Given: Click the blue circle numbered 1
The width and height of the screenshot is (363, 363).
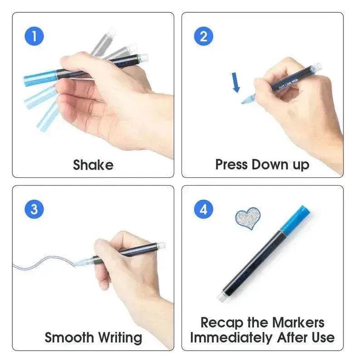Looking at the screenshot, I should [x=34, y=36].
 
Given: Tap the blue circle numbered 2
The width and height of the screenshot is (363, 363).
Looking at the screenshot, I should [x=204, y=36].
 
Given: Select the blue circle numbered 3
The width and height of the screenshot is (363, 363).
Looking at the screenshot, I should [x=34, y=209].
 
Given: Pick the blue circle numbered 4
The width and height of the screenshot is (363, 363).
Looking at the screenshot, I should [x=204, y=209].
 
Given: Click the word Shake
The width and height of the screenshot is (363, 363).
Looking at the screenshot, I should [x=93, y=164].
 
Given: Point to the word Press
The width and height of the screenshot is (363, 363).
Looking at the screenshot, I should [x=231, y=164].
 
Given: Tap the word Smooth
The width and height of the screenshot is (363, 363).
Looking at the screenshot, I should [x=68, y=338].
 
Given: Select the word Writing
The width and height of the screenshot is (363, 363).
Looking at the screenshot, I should [x=118, y=338].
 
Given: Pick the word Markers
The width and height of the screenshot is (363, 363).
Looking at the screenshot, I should [x=298, y=323].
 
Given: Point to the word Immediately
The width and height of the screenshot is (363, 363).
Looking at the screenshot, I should [x=229, y=338].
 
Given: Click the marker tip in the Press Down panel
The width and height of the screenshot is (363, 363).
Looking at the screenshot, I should [x=248, y=98].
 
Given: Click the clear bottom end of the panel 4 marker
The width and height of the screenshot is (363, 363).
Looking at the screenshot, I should [x=222, y=297].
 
